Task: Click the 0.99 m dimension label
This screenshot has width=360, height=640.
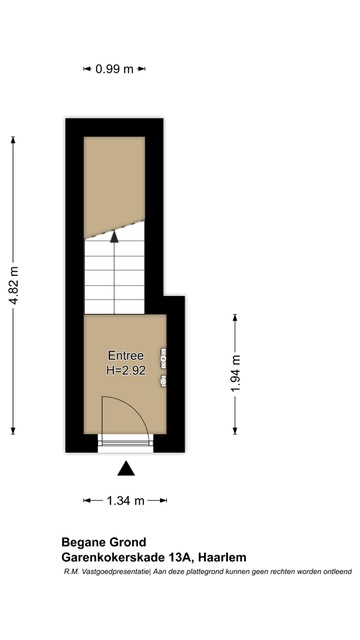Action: (x=114, y=69)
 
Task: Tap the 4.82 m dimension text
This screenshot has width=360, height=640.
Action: (x=14, y=285)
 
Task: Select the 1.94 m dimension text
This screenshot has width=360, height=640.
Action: (x=236, y=373)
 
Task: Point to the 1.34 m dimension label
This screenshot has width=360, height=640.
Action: (x=125, y=500)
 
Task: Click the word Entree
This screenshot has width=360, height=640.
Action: (x=125, y=356)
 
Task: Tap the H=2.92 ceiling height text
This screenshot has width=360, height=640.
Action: (x=125, y=371)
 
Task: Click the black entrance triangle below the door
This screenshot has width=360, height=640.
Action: (x=126, y=469)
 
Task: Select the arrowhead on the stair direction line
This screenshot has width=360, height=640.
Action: (x=114, y=236)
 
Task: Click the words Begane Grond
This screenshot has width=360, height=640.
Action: (x=104, y=542)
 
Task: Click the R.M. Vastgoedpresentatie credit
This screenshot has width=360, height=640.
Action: (x=107, y=572)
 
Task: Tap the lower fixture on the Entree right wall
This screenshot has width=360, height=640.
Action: (x=163, y=381)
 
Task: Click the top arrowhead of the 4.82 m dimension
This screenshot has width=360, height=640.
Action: (x=13, y=140)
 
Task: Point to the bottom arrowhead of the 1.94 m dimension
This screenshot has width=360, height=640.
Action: (x=235, y=431)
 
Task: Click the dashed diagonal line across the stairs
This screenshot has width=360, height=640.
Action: (x=114, y=229)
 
